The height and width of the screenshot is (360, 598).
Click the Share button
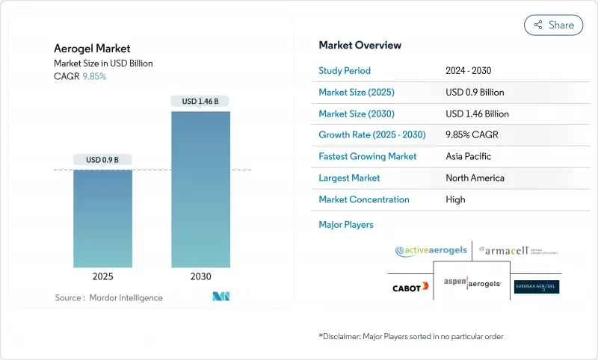554,25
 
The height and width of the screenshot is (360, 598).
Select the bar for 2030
200,190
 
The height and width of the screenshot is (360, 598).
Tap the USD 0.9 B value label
102,159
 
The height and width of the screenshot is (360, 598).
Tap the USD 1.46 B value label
200,101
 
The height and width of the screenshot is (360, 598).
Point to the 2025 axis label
102,276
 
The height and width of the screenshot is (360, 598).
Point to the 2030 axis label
200,276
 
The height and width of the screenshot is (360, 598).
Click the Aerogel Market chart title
92,49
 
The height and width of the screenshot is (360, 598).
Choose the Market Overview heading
360,46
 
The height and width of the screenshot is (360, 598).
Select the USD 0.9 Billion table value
475,93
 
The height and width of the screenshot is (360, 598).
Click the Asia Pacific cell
468,157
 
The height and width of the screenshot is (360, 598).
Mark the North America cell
475,178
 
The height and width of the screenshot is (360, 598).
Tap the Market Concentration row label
364,199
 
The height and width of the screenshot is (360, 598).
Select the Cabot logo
410,287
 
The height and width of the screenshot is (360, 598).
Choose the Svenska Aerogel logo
536,287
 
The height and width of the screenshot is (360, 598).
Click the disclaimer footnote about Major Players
411,337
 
